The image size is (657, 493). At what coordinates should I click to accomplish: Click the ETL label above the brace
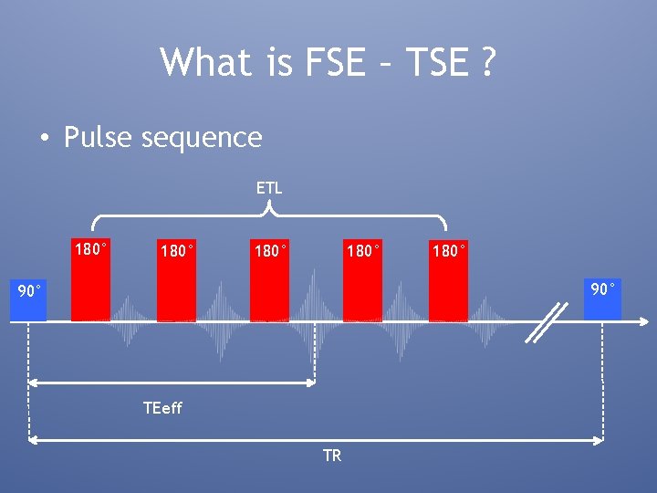pyautogui.click(x=269, y=188)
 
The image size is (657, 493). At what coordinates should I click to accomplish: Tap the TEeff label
pyautogui.click(x=162, y=408)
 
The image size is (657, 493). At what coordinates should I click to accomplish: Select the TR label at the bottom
pyautogui.click(x=332, y=456)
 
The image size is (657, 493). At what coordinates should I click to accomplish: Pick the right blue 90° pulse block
pyautogui.click(x=602, y=299)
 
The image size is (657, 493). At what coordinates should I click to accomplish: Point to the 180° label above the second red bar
pyautogui.click(x=177, y=250)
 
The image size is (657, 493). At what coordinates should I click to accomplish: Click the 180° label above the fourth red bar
pyautogui.click(x=363, y=250)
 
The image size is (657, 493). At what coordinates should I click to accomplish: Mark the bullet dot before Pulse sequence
pyautogui.click(x=44, y=139)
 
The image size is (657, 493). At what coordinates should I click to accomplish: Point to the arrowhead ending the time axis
pyautogui.click(x=645, y=321)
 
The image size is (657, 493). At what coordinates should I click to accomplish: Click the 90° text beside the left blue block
pyautogui.click(x=31, y=292)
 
